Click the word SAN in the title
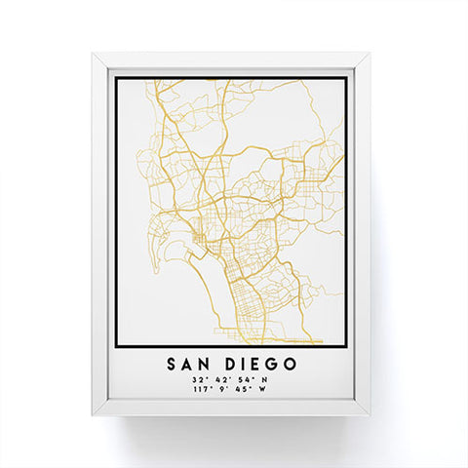(x=193, y=363)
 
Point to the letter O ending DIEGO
(x=292, y=363)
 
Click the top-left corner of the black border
(x=116, y=78)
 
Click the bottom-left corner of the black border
(x=116, y=347)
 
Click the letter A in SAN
(x=192, y=363)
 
